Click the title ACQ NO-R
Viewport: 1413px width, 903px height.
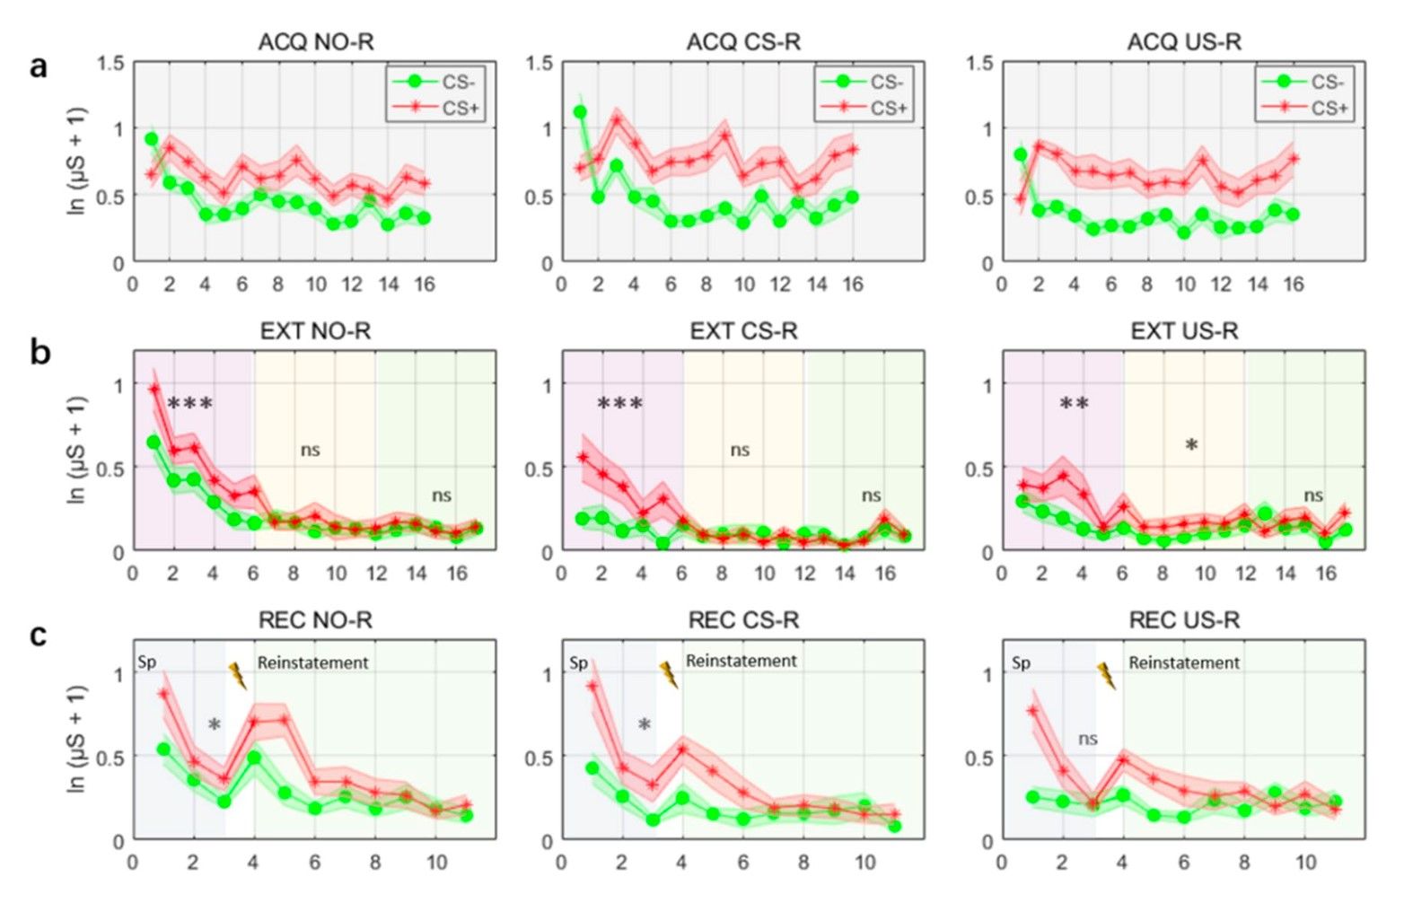pos(315,42)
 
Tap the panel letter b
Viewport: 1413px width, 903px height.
pos(39,352)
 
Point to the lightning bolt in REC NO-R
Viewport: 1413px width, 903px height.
pos(238,675)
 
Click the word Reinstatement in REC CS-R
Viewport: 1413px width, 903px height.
pos(741,661)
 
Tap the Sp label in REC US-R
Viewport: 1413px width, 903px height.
pos(1021,662)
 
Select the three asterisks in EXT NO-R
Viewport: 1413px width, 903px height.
pos(190,404)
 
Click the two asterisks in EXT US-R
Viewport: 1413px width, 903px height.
pos(1074,404)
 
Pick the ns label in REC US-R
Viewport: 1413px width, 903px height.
pos(1087,739)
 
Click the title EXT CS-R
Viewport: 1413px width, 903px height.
pos(743,331)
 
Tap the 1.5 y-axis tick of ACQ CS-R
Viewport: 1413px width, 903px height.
pos(540,63)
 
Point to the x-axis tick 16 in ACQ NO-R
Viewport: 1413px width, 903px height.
pos(424,285)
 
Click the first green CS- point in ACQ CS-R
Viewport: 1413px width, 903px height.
pos(580,112)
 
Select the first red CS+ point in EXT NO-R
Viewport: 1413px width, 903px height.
pos(154,390)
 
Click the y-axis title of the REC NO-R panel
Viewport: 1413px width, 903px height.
pos(77,739)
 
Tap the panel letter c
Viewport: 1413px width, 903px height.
pos(39,635)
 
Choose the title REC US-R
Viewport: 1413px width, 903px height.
pos(1183,620)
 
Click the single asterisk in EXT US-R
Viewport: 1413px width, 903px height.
pos(1191,445)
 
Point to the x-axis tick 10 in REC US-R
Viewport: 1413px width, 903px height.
pos(1305,863)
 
